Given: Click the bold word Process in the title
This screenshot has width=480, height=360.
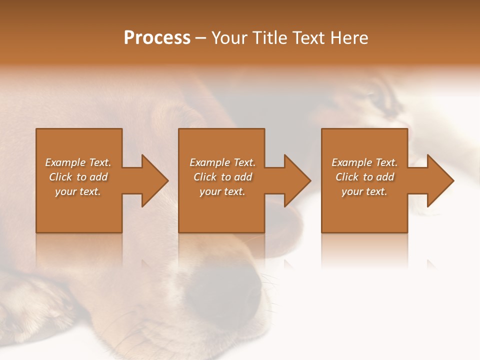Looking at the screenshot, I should coord(157,38).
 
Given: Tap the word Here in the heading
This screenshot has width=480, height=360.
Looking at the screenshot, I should coord(349,38).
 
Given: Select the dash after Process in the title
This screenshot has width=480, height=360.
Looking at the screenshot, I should coord(200,38).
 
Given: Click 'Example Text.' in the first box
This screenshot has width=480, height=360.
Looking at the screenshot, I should coord(78,162).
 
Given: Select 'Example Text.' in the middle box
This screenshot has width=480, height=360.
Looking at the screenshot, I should coord(222,162).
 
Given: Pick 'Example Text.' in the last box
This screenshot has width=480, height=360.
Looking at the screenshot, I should coord(364,162).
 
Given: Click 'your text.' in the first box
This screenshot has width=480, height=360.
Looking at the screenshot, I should coord(78,191).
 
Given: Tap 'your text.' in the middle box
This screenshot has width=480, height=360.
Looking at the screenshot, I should coord(222,191).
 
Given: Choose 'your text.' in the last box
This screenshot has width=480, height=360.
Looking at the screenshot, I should coord(364,191).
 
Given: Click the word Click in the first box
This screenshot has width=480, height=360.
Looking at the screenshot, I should coord(60,177).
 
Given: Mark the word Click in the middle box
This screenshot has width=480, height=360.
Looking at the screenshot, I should coord(205,177).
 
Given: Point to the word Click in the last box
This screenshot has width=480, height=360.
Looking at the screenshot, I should coord(347,177).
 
